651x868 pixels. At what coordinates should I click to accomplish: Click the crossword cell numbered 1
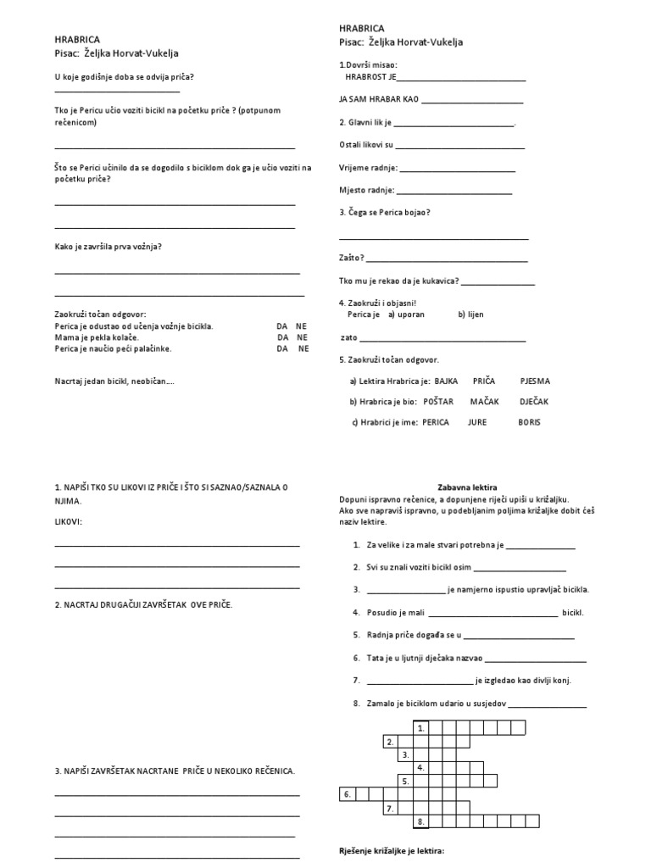[420, 727]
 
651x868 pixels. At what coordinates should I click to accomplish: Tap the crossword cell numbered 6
[346, 794]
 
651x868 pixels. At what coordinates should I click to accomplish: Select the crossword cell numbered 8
[420, 821]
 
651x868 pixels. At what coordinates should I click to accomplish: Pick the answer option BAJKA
[447, 381]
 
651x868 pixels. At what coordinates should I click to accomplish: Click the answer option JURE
[477, 422]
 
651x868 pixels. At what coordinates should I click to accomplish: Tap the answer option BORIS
[529, 422]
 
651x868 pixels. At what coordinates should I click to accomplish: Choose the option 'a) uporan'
[406, 314]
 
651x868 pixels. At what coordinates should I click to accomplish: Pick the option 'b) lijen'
[470, 314]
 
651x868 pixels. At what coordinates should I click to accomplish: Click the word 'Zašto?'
[351, 258]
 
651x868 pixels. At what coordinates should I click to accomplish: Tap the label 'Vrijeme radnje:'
[368, 168]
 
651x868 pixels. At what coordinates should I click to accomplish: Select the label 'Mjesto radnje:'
[366, 190]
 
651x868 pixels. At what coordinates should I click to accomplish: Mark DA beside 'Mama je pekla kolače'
[281, 337]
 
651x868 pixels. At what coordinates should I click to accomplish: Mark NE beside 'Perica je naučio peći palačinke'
[303, 348]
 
